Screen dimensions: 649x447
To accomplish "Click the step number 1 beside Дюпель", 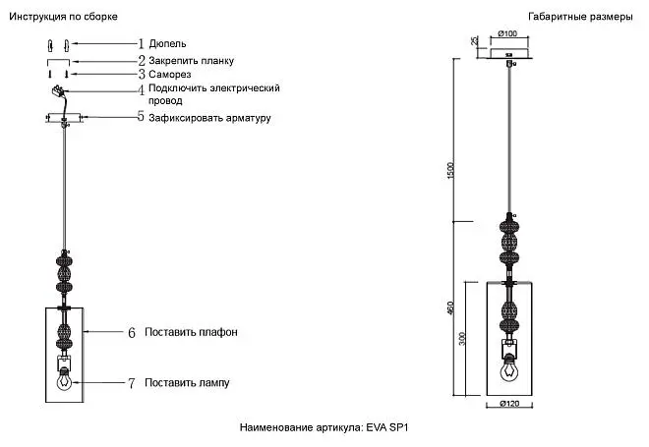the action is (142, 43).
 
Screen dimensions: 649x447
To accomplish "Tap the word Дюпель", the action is (167, 44).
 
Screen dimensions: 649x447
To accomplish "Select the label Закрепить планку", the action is (191, 61).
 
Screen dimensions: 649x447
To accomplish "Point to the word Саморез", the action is (170, 75).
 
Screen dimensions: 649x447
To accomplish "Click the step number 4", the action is (142, 90).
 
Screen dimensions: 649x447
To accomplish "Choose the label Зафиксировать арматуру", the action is (209, 118).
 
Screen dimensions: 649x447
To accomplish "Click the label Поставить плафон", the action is (191, 332).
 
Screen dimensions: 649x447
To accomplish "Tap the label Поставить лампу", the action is (187, 383).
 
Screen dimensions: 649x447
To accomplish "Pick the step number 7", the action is (131, 383).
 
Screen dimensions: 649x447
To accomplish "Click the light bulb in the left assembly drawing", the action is (64, 379).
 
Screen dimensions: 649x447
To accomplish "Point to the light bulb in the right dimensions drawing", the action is (509, 368).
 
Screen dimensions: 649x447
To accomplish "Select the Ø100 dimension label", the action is (507, 33).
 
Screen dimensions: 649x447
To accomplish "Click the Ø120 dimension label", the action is (509, 404).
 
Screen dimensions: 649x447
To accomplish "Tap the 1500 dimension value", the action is (450, 170).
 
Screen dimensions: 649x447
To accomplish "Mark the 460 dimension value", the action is (450, 307).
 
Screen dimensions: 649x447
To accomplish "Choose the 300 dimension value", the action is (462, 339).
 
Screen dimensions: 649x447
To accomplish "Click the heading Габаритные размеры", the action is (580, 17).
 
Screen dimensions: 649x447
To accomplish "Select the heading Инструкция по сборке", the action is (63, 17).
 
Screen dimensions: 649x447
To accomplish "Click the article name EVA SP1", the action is (387, 427).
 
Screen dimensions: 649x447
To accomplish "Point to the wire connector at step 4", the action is (57, 90).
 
